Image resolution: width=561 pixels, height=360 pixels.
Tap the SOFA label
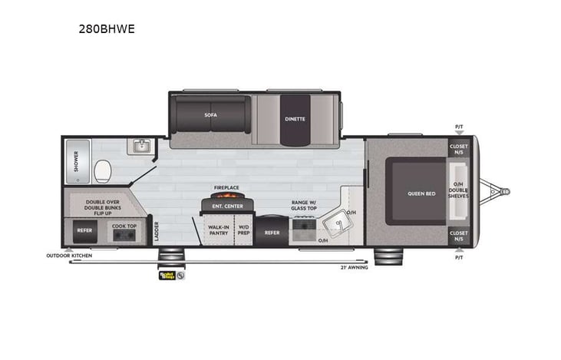coord(210,115)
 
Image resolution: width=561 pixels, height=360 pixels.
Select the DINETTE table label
coord(295,119)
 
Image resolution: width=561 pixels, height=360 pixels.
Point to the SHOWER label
coord(75,160)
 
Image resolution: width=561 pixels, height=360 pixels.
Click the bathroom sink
coord(140,146)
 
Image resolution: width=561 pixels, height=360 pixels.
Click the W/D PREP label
coord(243,229)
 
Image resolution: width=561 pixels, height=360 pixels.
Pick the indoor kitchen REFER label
coord(272,232)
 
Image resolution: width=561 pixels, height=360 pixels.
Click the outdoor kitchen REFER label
coord(84,229)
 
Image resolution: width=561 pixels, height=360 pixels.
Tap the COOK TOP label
coord(124,226)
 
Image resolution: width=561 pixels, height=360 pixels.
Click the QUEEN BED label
coord(420,193)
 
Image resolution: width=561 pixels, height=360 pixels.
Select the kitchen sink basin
coord(336,226)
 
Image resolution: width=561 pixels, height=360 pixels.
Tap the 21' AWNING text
coord(353,267)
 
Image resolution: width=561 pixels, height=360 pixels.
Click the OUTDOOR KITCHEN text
coord(68,255)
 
